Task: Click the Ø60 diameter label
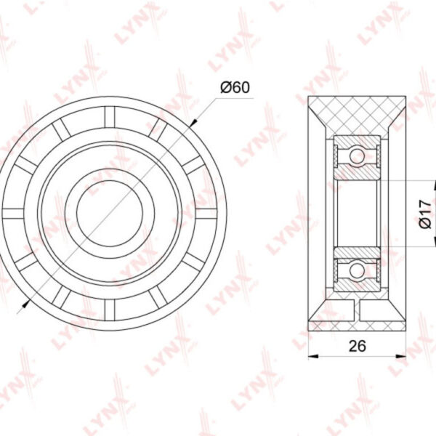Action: click(235, 87)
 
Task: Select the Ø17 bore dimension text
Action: click(425, 214)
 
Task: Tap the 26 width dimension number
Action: click(358, 346)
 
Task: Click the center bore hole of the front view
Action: click(110, 213)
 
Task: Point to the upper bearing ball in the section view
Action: click(357, 156)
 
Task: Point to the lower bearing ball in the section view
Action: click(357, 271)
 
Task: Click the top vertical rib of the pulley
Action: click(110, 117)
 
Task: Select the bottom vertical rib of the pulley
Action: click(110, 310)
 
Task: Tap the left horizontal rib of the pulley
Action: click(13, 213)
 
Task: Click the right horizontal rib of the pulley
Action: click(206, 213)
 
